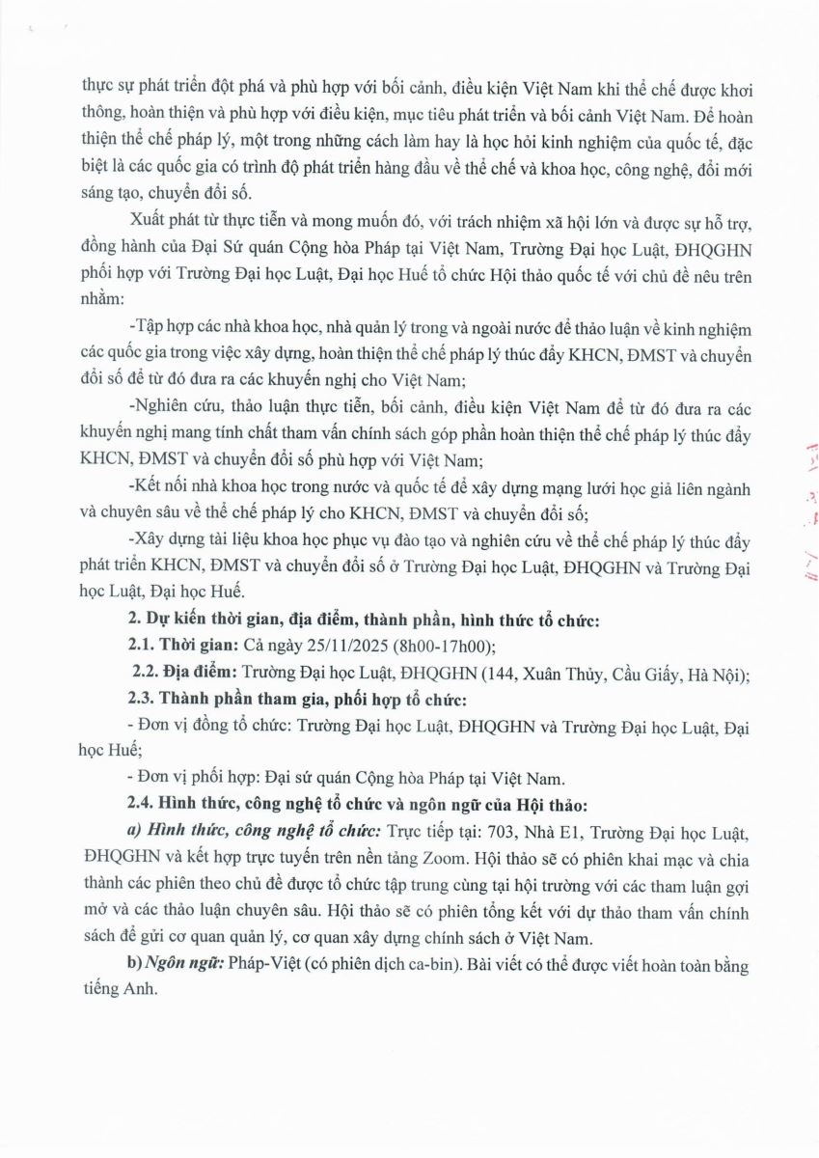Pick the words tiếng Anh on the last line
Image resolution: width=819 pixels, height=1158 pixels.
pos(115,992)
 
